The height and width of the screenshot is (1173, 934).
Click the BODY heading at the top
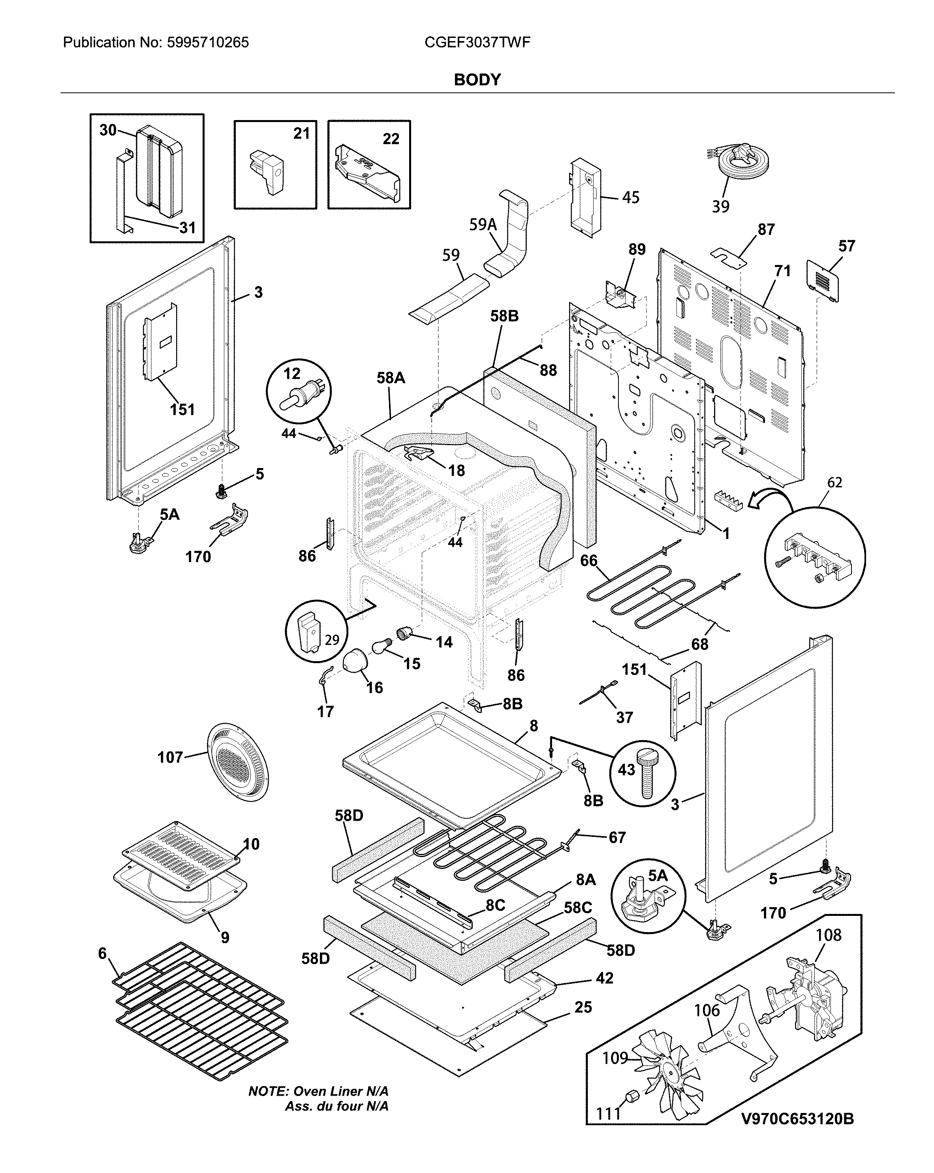point(477,79)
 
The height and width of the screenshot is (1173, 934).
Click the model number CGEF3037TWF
point(477,42)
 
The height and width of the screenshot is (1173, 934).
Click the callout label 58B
point(504,316)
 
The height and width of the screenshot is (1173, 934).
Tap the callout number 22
point(391,139)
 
